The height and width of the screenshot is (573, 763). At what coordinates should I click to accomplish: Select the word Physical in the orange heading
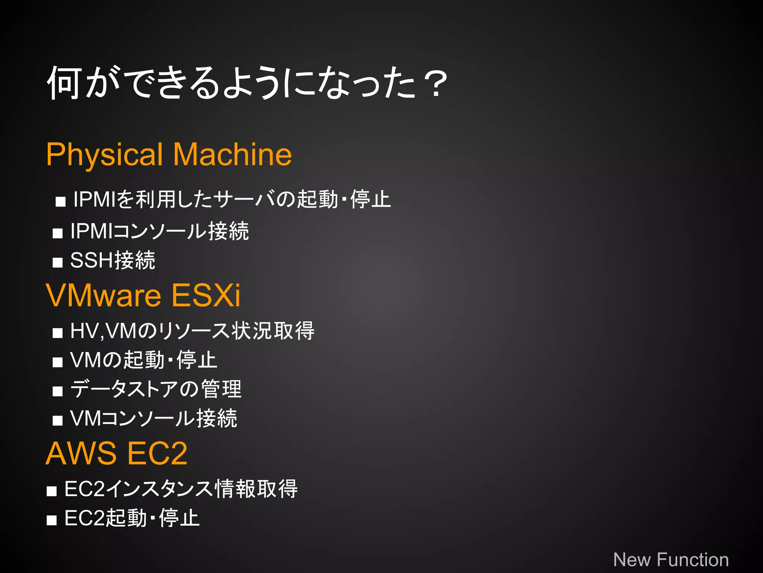105,154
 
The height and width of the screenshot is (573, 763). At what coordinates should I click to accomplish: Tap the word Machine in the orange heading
232,154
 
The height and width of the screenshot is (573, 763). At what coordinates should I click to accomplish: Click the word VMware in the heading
104,295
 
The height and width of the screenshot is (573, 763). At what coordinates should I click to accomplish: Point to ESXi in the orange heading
206,295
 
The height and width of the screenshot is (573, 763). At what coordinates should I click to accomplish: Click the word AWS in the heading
81,454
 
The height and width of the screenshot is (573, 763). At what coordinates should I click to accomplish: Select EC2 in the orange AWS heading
157,454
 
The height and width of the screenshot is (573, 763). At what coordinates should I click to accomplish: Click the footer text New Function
671,560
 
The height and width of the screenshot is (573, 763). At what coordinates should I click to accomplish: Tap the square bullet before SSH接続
58,263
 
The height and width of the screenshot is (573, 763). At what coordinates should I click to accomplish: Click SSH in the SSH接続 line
92,260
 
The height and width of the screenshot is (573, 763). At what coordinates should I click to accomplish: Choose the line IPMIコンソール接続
159,231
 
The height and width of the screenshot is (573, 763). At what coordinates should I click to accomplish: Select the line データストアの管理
156,389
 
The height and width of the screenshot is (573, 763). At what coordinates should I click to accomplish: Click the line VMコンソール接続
153,418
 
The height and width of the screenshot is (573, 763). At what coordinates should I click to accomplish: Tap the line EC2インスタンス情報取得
181,489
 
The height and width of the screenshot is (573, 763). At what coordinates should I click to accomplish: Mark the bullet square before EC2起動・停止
52,520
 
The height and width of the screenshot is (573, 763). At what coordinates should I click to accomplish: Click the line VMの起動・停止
143,360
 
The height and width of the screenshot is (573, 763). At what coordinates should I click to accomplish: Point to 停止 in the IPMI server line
370,199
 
